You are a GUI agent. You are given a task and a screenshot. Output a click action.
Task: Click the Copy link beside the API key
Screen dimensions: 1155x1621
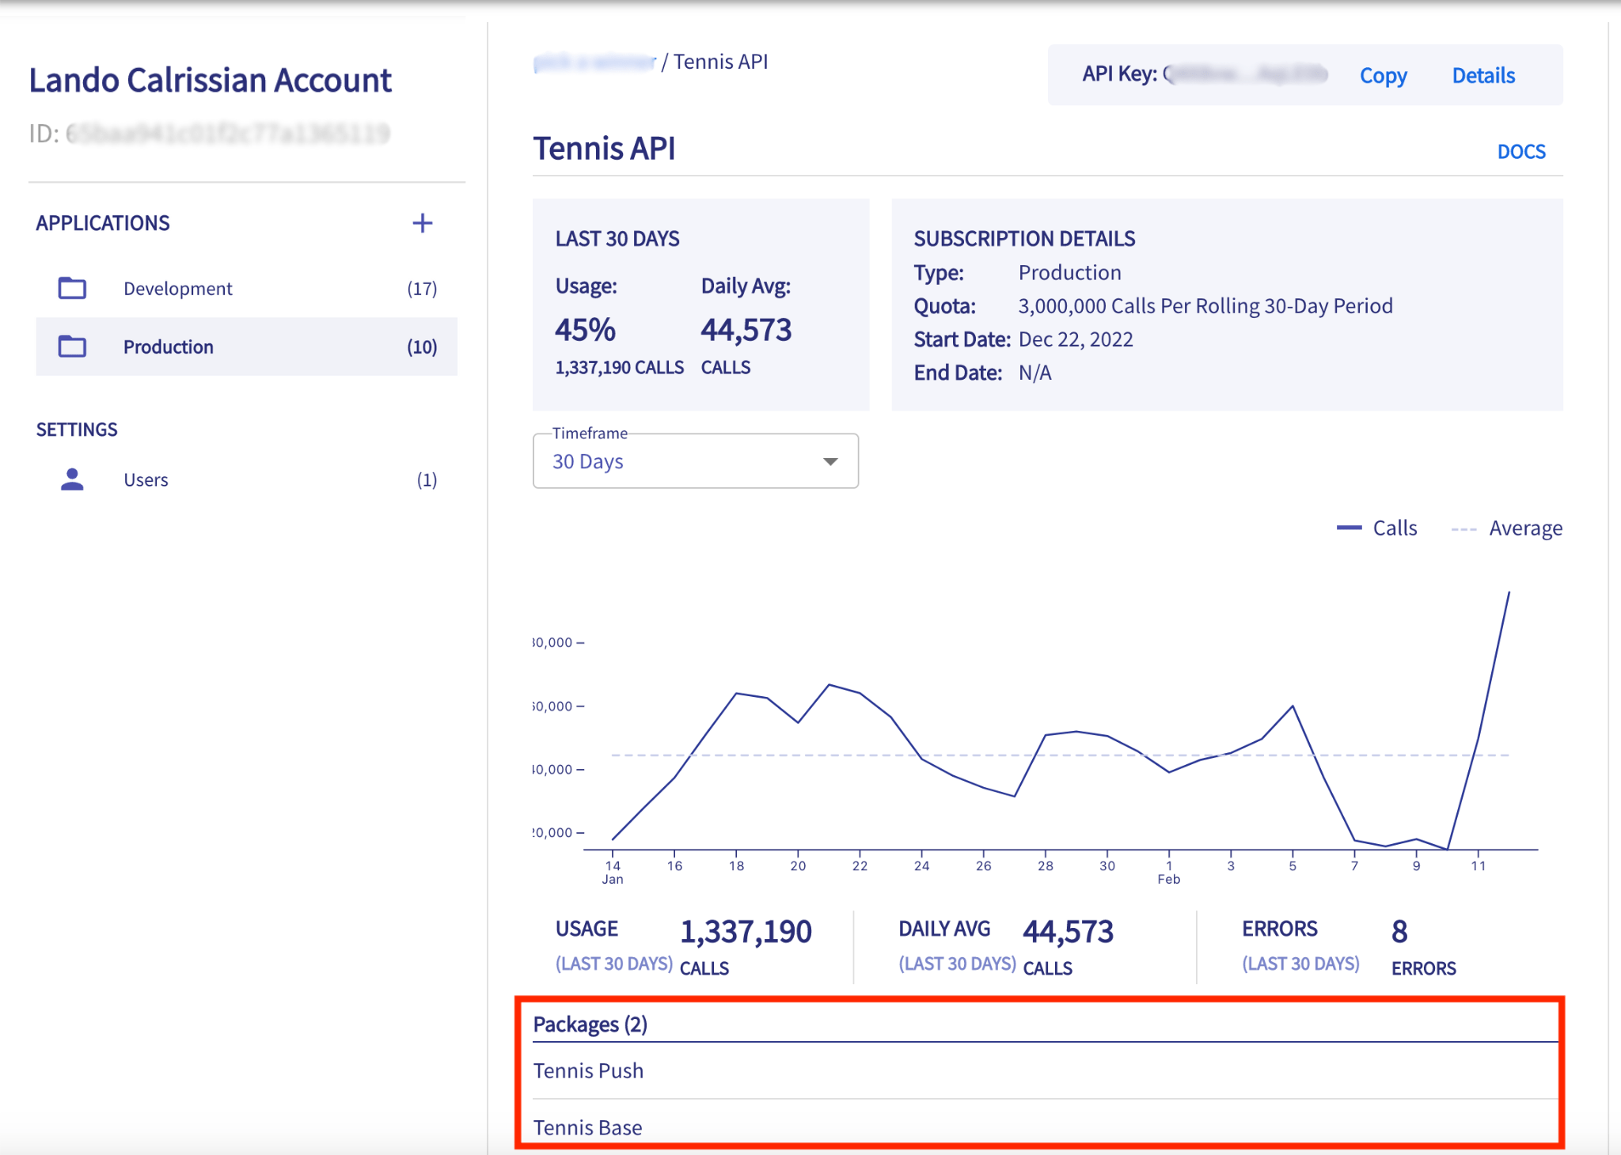[x=1383, y=76]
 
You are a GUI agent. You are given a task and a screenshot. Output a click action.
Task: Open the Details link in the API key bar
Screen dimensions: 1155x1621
[x=1483, y=76]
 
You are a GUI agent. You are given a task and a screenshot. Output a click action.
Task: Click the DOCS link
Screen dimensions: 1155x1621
[x=1520, y=151]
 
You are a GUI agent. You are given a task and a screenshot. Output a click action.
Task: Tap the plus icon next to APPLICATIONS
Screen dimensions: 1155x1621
[x=423, y=223]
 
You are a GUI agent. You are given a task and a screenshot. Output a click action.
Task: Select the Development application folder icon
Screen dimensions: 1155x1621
[x=72, y=288]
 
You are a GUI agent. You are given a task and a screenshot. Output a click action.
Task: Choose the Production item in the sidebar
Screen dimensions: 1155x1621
[x=168, y=346]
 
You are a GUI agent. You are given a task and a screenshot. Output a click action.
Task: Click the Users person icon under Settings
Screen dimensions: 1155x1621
[x=72, y=479]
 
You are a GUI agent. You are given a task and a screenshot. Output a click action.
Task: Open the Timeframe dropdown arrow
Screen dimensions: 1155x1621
[x=830, y=461]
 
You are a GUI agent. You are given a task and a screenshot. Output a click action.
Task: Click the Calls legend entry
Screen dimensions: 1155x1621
[x=1377, y=528]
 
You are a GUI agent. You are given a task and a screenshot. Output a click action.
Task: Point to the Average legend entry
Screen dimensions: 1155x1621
[x=1508, y=528]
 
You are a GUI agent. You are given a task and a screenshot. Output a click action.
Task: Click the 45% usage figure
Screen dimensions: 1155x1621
[x=585, y=330]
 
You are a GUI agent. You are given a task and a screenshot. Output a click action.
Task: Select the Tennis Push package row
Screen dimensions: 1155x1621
[x=588, y=1070]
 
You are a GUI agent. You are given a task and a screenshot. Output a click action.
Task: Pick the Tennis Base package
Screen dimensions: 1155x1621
[x=587, y=1127]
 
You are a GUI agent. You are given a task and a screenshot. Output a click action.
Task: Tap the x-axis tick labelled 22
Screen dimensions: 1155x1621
[x=860, y=865]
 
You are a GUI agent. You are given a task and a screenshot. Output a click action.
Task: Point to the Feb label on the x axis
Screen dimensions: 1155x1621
[x=1168, y=879]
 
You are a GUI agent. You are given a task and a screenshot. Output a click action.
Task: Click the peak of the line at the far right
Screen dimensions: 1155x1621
[x=1509, y=593]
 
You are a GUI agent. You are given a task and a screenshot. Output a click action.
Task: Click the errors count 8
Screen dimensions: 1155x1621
[x=1399, y=932]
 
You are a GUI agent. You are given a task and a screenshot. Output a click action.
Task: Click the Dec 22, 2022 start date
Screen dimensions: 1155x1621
[x=1075, y=339]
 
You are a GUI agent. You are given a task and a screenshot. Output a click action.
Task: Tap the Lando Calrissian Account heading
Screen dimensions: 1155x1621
[x=210, y=81]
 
